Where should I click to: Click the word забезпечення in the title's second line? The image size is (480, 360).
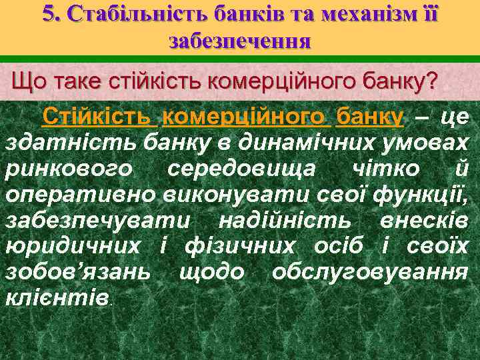(240, 41)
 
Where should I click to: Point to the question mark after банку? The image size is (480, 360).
(432, 82)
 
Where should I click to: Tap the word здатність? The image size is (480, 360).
(53, 143)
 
